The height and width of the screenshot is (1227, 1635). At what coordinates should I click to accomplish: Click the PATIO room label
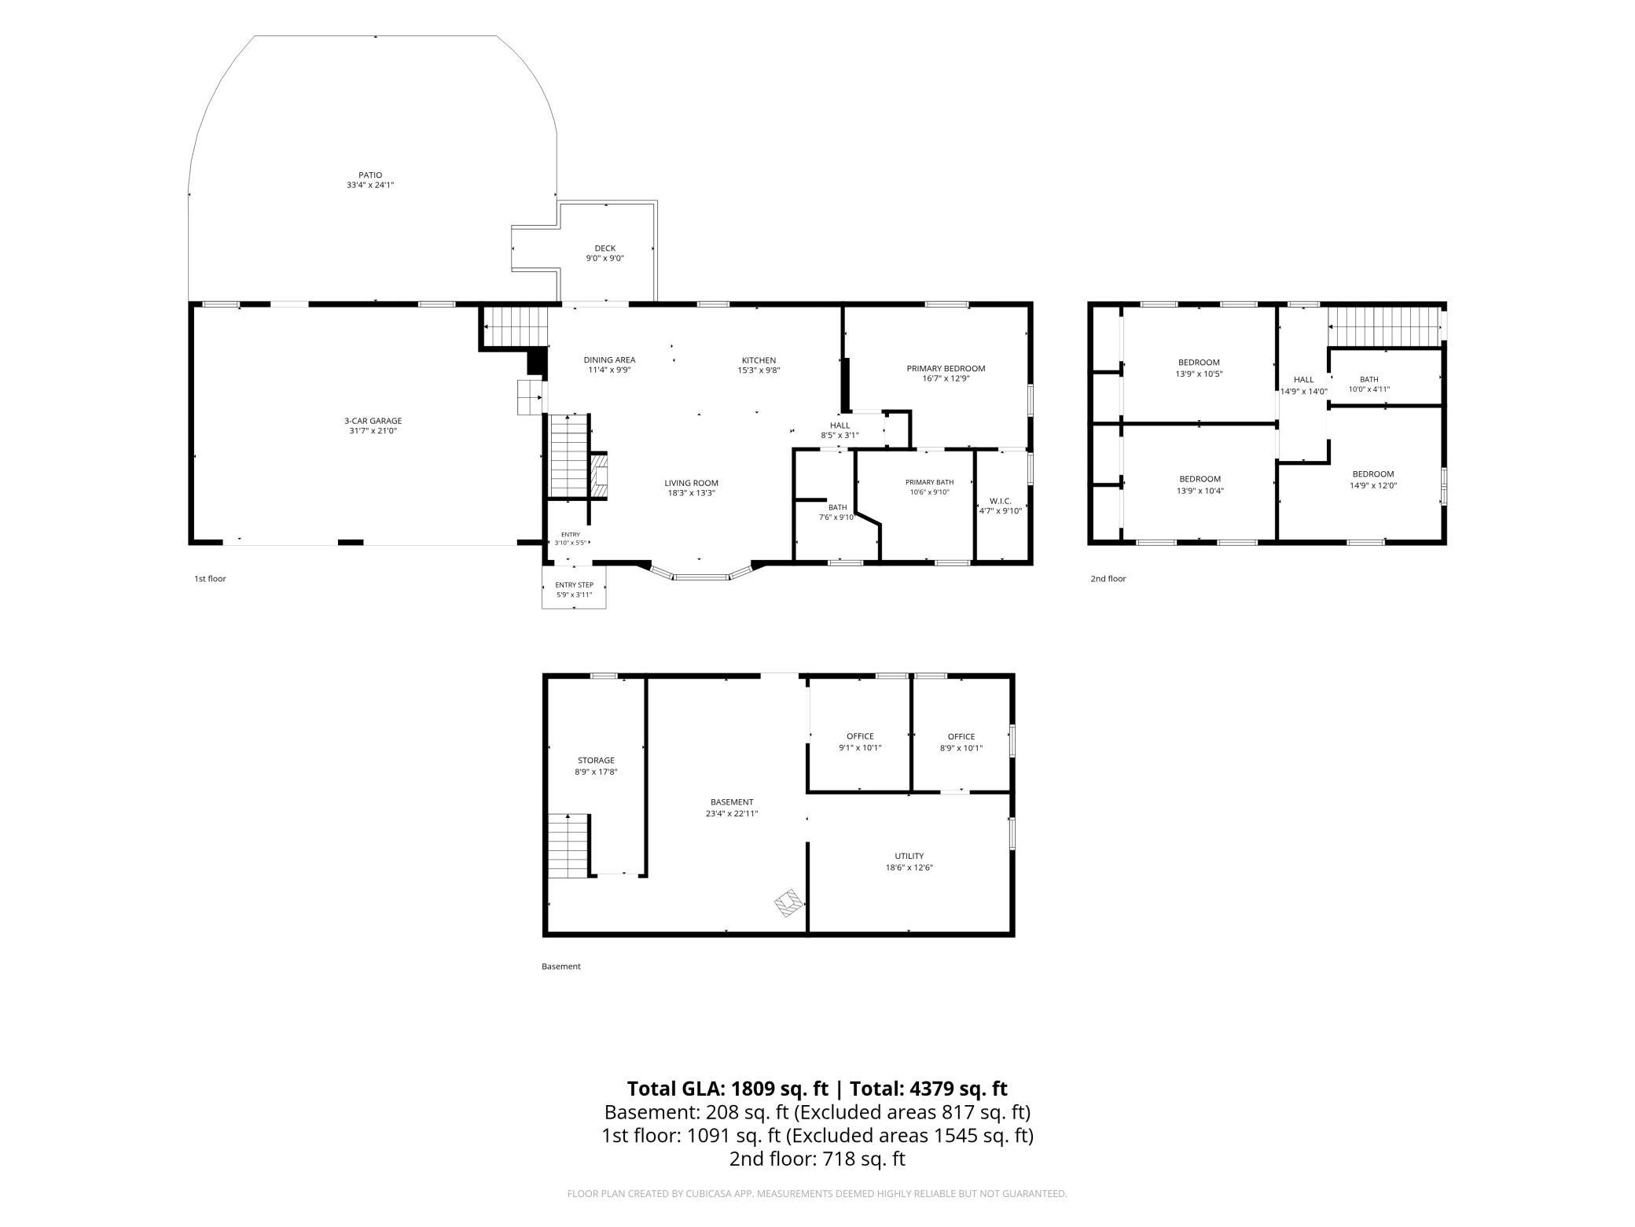(370, 175)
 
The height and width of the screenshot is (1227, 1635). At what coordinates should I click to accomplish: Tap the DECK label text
(605, 249)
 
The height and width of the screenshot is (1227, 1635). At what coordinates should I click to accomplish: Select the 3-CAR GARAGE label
(373, 421)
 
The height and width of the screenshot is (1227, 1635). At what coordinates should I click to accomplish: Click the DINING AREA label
(609, 360)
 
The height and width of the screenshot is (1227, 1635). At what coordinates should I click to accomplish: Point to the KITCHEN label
(759, 360)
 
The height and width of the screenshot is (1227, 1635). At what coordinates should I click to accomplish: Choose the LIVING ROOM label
(692, 483)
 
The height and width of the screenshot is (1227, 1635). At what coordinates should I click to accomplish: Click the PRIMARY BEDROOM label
(946, 368)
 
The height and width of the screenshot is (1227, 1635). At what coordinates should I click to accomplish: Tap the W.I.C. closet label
(1001, 501)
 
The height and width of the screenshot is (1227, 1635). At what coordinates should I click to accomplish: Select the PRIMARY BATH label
(929, 482)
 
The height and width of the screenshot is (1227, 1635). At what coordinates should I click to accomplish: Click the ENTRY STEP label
(575, 585)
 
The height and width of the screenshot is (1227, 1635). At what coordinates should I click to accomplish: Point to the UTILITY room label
(909, 856)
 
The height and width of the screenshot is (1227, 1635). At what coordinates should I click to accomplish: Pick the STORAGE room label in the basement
(596, 761)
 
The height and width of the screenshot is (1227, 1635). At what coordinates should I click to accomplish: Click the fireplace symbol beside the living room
(599, 475)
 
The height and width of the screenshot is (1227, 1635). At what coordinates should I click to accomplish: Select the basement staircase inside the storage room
(568, 846)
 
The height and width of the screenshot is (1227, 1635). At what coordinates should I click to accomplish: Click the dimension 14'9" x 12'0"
(1373, 485)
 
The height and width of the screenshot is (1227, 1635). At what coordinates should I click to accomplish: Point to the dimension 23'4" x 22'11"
(732, 814)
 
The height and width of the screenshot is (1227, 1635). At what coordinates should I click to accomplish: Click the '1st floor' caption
(210, 579)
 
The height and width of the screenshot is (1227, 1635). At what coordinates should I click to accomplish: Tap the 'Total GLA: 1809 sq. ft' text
(728, 1089)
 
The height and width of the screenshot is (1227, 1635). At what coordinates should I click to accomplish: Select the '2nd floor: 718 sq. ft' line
(817, 1159)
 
